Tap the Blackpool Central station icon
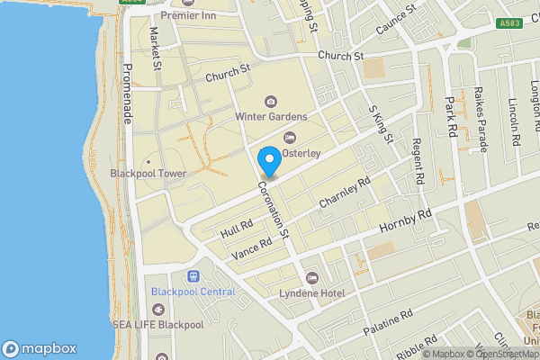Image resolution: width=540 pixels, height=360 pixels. pyautogui.click(x=193, y=276)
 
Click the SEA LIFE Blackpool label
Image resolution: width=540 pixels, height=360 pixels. pyautogui.click(x=157, y=323)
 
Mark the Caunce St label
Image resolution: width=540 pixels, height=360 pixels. pyautogui.click(x=398, y=19)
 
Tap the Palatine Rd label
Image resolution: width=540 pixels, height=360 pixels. pyautogui.click(x=388, y=323)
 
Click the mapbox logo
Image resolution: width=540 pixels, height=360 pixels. pyautogui.click(x=40, y=348)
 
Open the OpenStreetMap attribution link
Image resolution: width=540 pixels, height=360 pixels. pyautogui.click(x=500, y=353)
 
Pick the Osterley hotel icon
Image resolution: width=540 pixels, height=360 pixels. pyautogui.click(x=289, y=137)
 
